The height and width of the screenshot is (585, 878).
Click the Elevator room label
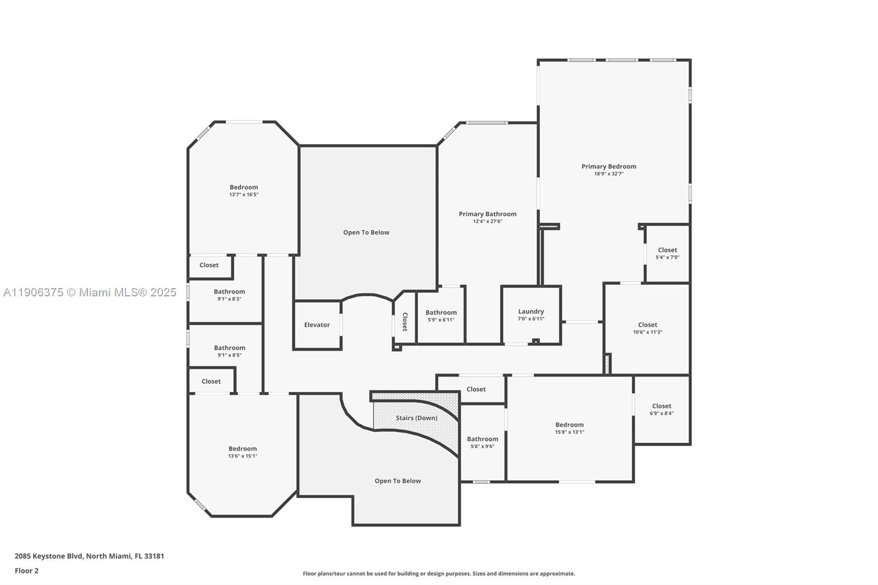[x=317, y=325]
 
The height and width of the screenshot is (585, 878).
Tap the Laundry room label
[x=531, y=312]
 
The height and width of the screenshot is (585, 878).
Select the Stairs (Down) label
[x=417, y=418]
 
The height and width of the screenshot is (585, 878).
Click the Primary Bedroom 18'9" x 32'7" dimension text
[x=609, y=174]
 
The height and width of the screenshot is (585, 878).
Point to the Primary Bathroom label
[x=487, y=214]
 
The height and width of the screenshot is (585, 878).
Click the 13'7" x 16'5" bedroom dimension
[x=244, y=195]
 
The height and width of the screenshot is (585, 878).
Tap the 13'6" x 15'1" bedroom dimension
[x=243, y=456]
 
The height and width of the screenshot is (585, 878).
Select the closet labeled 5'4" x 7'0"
[x=667, y=254]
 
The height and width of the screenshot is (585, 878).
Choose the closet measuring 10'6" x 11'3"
[x=648, y=328]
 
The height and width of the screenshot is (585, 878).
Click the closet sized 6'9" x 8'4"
[x=661, y=409]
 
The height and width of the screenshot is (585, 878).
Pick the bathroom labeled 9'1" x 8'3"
[x=229, y=295]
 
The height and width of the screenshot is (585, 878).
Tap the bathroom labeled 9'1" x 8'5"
[x=229, y=351]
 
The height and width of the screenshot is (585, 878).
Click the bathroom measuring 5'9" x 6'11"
[x=441, y=316]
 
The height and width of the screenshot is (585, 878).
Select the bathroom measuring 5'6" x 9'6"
[x=482, y=442]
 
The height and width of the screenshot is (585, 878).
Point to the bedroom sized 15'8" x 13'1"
[x=569, y=428]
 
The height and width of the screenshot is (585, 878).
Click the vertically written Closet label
[x=405, y=322]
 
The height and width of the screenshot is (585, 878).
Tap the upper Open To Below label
[x=366, y=233]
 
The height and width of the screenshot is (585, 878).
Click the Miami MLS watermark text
[x=89, y=292]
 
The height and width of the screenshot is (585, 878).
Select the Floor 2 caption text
[x=26, y=571]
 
